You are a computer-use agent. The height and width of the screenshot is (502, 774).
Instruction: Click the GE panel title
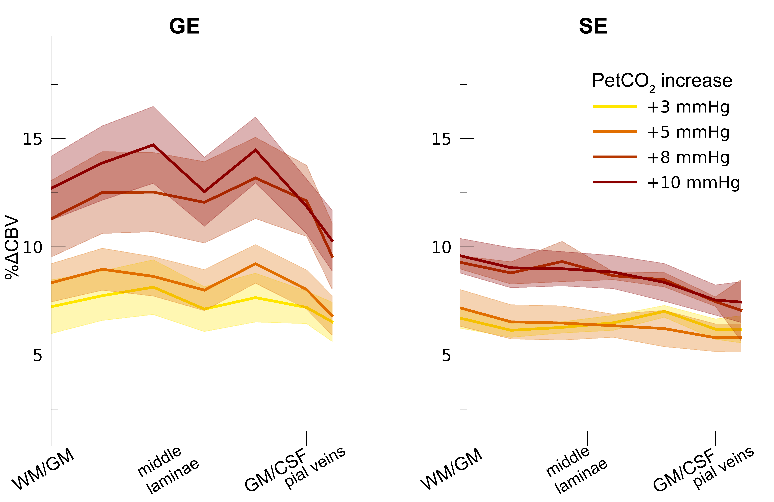(184, 26)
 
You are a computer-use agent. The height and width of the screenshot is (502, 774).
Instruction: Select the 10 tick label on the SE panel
(441, 247)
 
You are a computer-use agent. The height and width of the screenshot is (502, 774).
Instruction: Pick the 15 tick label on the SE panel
(441, 139)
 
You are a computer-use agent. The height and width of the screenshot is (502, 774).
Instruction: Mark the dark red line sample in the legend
(615, 182)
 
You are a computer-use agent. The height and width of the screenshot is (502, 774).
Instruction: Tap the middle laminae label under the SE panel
(576, 469)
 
